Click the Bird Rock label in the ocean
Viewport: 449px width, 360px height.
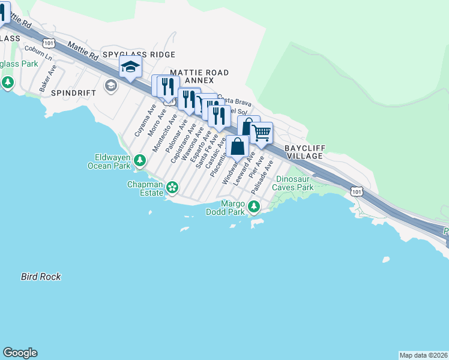[x=41, y=277]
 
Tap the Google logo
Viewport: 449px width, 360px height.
[x=19, y=353]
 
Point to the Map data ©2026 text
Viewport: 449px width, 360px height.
[x=423, y=355]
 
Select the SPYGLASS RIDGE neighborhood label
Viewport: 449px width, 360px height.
[x=139, y=55]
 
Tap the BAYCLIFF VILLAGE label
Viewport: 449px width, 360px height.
[x=304, y=151]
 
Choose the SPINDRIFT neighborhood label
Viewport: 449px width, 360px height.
[x=74, y=94]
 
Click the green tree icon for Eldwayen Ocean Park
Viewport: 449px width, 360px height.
[x=139, y=160]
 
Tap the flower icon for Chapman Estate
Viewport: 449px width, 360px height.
[x=172, y=188]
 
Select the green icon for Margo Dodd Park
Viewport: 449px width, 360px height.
[x=254, y=208]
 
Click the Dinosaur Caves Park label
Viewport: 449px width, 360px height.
[x=294, y=183]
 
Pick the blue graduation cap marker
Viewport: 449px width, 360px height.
[x=130, y=67]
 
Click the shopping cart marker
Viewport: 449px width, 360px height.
[x=262, y=133]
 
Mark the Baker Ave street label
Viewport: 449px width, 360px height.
[x=47, y=78]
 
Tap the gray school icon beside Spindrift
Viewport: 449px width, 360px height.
[x=110, y=86]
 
